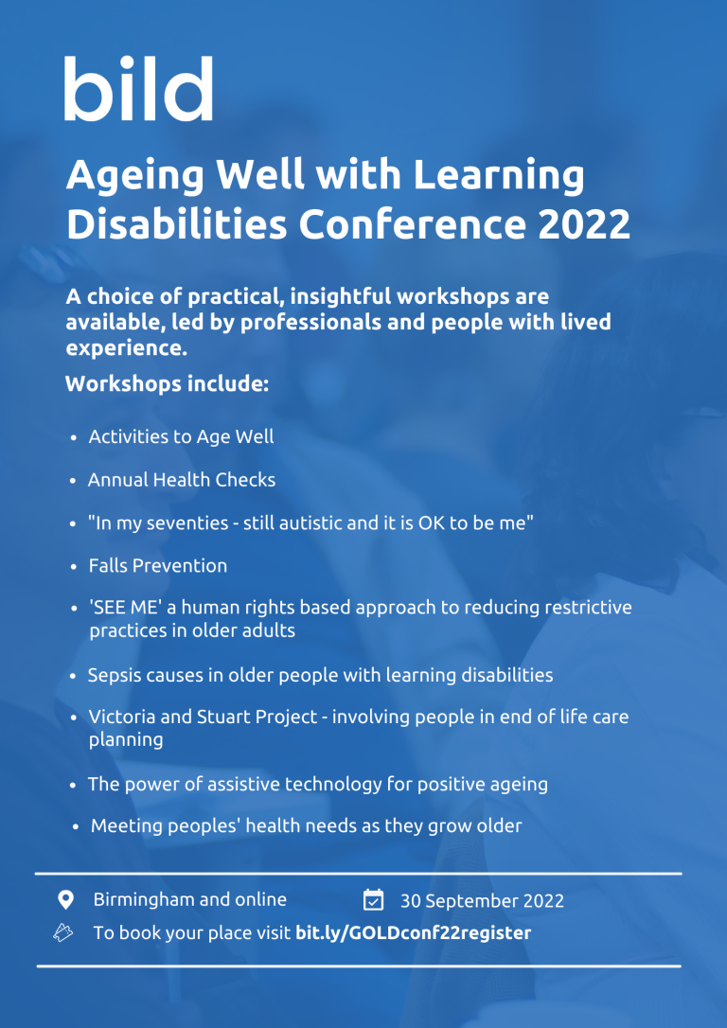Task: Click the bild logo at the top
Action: tap(138, 89)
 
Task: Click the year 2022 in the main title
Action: tap(584, 223)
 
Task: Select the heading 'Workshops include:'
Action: tap(168, 384)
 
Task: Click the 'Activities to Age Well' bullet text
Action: tap(181, 436)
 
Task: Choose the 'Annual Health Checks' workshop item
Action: tap(182, 480)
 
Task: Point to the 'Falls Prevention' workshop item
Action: tap(158, 566)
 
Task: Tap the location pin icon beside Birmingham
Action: tap(65, 899)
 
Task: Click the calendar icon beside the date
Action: tap(373, 899)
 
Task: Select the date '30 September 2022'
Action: tap(482, 901)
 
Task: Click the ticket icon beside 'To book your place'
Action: tap(63, 933)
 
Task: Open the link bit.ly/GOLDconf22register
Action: tap(413, 933)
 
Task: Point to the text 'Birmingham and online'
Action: tap(189, 899)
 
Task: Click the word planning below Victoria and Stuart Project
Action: tap(126, 740)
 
